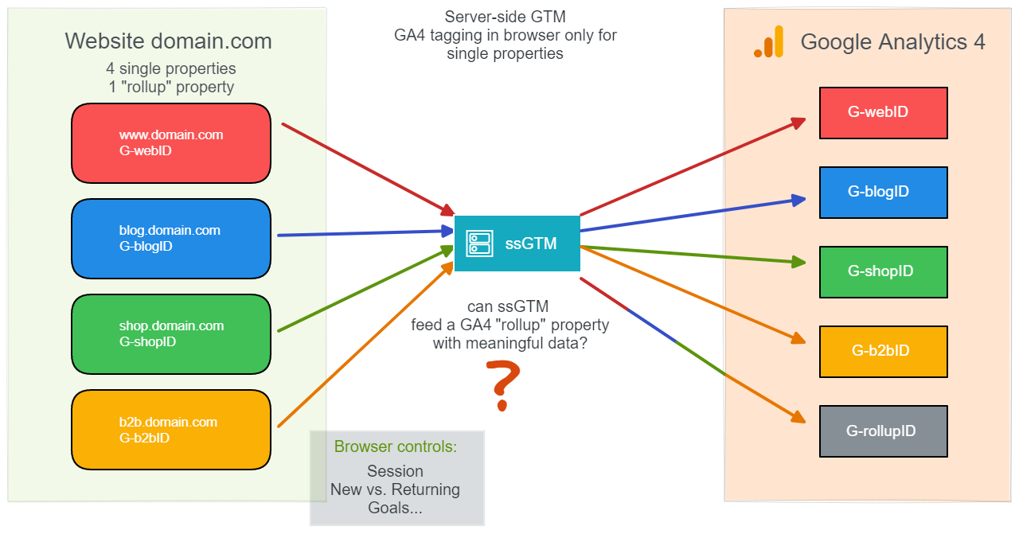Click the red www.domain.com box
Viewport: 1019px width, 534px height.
pyautogui.click(x=171, y=143)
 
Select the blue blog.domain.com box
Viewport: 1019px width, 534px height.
pyautogui.click(x=171, y=239)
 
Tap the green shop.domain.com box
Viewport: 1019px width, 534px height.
pyautogui.click(x=171, y=334)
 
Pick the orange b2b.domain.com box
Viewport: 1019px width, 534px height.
pyautogui.click(x=171, y=430)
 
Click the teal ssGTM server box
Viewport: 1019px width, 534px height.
pyautogui.click(x=517, y=244)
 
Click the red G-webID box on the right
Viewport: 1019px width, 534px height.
pyautogui.click(x=883, y=113)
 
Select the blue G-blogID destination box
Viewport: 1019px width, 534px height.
pyautogui.click(x=883, y=193)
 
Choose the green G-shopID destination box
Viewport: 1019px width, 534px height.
pyautogui.click(x=883, y=272)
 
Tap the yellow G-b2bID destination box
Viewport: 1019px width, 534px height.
pyautogui.click(x=883, y=352)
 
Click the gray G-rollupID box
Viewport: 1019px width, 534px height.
pyautogui.click(x=883, y=431)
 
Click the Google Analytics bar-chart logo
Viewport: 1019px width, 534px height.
pyautogui.click(x=768, y=42)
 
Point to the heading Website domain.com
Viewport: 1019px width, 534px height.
pyautogui.click(x=168, y=41)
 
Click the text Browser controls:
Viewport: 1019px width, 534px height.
pyautogui.click(x=396, y=447)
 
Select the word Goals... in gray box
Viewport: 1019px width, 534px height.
pyautogui.click(x=395, y=508)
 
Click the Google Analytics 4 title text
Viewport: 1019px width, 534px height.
pyautogui.click(x=892, y=42)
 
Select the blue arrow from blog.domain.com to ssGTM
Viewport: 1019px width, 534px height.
pyautogui.click(x=362, y=233)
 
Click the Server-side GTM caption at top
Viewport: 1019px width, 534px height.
pyautogui.click(x=505, y=18)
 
